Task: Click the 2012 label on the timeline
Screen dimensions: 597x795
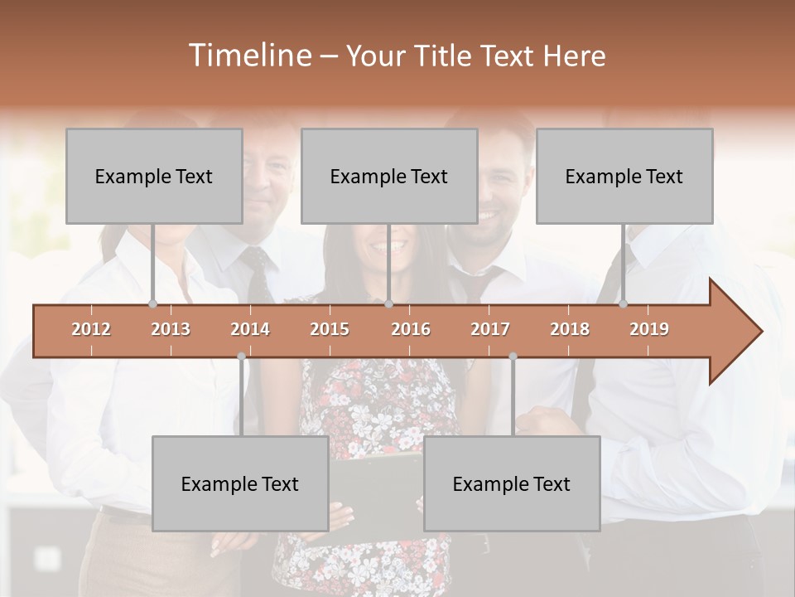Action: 91,329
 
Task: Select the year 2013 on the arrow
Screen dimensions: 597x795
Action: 171,329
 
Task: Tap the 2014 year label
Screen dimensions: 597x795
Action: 250,329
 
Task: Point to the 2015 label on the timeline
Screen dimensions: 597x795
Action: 330,329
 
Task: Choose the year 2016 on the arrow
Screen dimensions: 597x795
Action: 411,329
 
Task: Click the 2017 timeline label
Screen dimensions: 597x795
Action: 490,329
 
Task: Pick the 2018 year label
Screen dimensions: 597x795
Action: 570,329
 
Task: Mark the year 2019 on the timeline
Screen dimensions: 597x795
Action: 649,329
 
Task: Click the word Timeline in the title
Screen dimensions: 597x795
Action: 248,56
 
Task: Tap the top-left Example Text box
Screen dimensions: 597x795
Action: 154,176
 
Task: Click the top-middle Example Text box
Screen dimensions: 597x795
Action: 389,176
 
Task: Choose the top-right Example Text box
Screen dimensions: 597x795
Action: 624,176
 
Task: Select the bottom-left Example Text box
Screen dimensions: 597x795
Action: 240,483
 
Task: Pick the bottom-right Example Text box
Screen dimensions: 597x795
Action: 512,483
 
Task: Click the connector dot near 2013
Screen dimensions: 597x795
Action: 152,304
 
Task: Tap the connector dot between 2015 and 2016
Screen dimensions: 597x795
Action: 388,304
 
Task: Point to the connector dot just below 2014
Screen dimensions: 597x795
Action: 241,357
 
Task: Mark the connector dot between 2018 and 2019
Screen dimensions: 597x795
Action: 623,304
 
